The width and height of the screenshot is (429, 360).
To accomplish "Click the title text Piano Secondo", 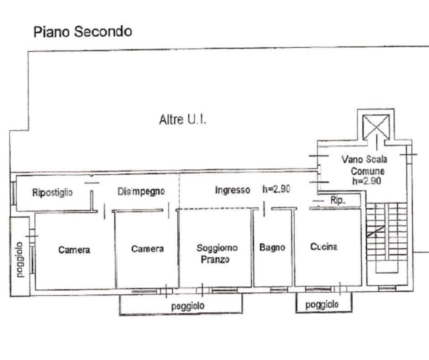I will coord(82,32).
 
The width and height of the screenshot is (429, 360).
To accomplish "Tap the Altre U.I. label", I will coord(183,120).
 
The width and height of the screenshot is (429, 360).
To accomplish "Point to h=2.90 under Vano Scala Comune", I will coord(366,181).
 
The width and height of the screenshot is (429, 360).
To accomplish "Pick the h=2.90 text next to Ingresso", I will coord(276,189).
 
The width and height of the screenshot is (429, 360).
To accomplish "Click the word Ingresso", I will coord(232,190).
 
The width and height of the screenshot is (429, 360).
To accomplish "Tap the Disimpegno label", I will coord(141,191).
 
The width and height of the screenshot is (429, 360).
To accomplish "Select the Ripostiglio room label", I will coord(52,192).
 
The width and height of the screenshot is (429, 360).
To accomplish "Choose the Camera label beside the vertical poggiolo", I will coord(74,250).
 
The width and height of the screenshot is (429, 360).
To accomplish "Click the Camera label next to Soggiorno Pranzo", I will coord(147,248).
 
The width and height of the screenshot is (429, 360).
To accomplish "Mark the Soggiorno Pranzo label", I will coord(217,253).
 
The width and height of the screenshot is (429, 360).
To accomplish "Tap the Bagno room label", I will coord(272,247).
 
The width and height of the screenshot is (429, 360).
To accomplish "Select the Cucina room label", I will coord(324,246).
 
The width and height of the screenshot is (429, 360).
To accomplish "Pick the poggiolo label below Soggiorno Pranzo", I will coord(187,306).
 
